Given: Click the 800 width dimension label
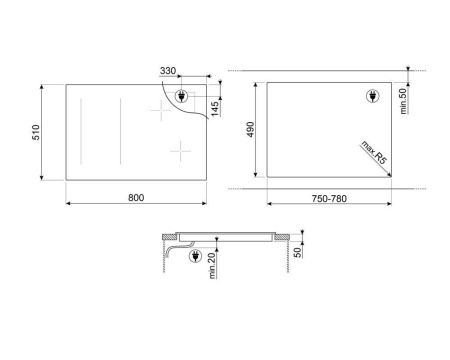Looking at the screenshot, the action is click(136, 198).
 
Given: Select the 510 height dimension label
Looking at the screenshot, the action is click(36, 132).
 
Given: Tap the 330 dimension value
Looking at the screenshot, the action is click(168, 71).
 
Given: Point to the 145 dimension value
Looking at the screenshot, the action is click(215, 108).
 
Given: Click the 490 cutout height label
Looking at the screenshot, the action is click(250, 129).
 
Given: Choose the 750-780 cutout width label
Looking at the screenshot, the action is click(329, 199).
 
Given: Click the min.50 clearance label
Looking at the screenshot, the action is click(403, 101).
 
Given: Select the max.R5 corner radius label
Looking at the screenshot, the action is click(374, 152).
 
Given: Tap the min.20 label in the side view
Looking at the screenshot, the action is click(212, 266).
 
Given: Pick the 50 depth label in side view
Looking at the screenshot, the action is click(298, 252).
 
